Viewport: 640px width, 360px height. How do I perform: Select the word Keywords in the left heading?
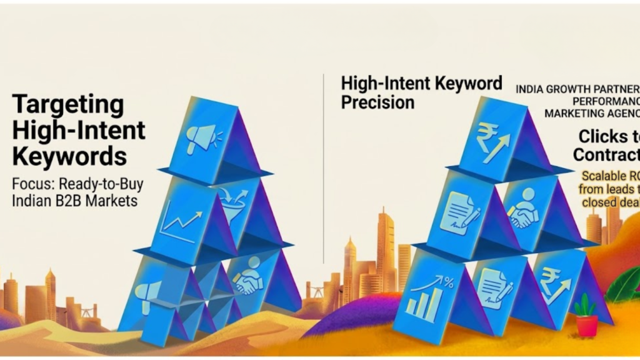[x=69, y=156]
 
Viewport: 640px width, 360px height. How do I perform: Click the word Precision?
[x=377, y=102]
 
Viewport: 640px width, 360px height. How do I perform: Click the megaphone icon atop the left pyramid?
[x=201, y=136]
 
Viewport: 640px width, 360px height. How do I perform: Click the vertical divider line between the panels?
[x=323, y=169]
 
